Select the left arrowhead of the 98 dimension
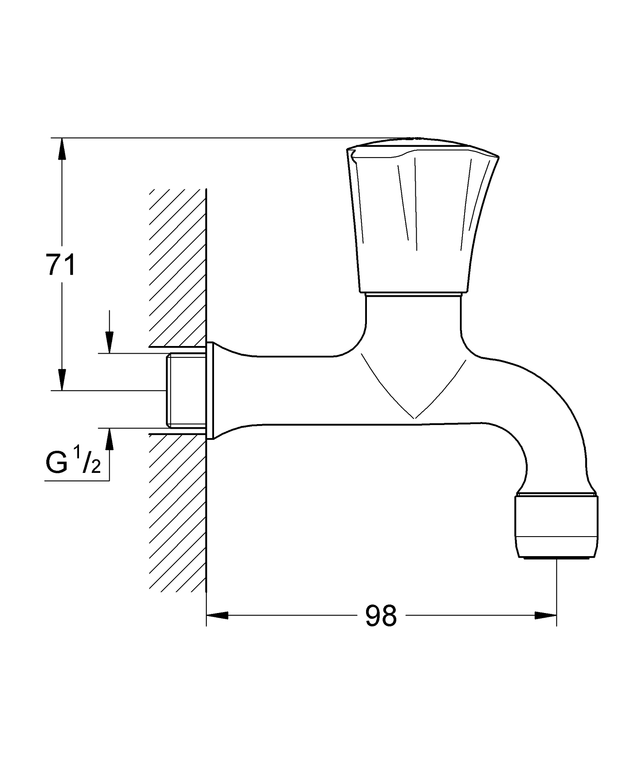click(x=217, y=615)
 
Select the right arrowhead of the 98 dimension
click(x=545, y=615)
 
